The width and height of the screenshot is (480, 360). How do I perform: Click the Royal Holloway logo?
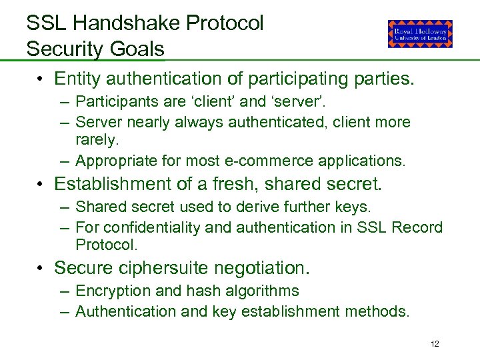[420, 33]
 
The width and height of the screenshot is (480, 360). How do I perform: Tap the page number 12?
[435, 344]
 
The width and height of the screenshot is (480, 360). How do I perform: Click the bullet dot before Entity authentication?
[41, 79]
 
